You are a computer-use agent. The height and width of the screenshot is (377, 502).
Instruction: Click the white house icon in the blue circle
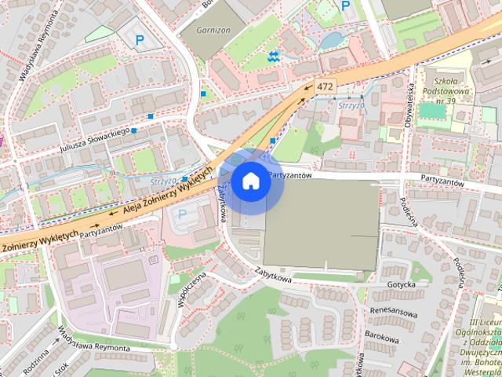click(250, 181)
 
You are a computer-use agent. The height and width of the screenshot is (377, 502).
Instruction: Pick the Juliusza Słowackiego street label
click(94, 139)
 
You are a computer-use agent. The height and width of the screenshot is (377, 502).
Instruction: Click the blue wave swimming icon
click(273, 56)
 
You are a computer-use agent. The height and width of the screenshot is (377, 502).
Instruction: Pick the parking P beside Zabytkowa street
click(183, 214)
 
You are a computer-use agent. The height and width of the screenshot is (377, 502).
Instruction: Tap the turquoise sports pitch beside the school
click(431, 111)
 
